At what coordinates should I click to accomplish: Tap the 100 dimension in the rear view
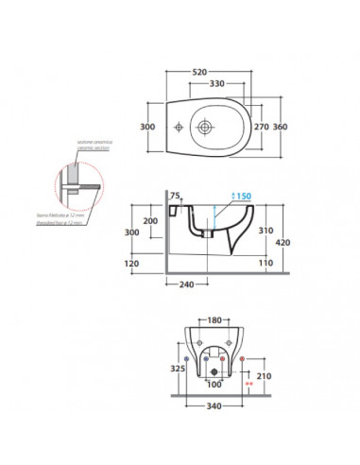pyautogui.click(x=214, y=384)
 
